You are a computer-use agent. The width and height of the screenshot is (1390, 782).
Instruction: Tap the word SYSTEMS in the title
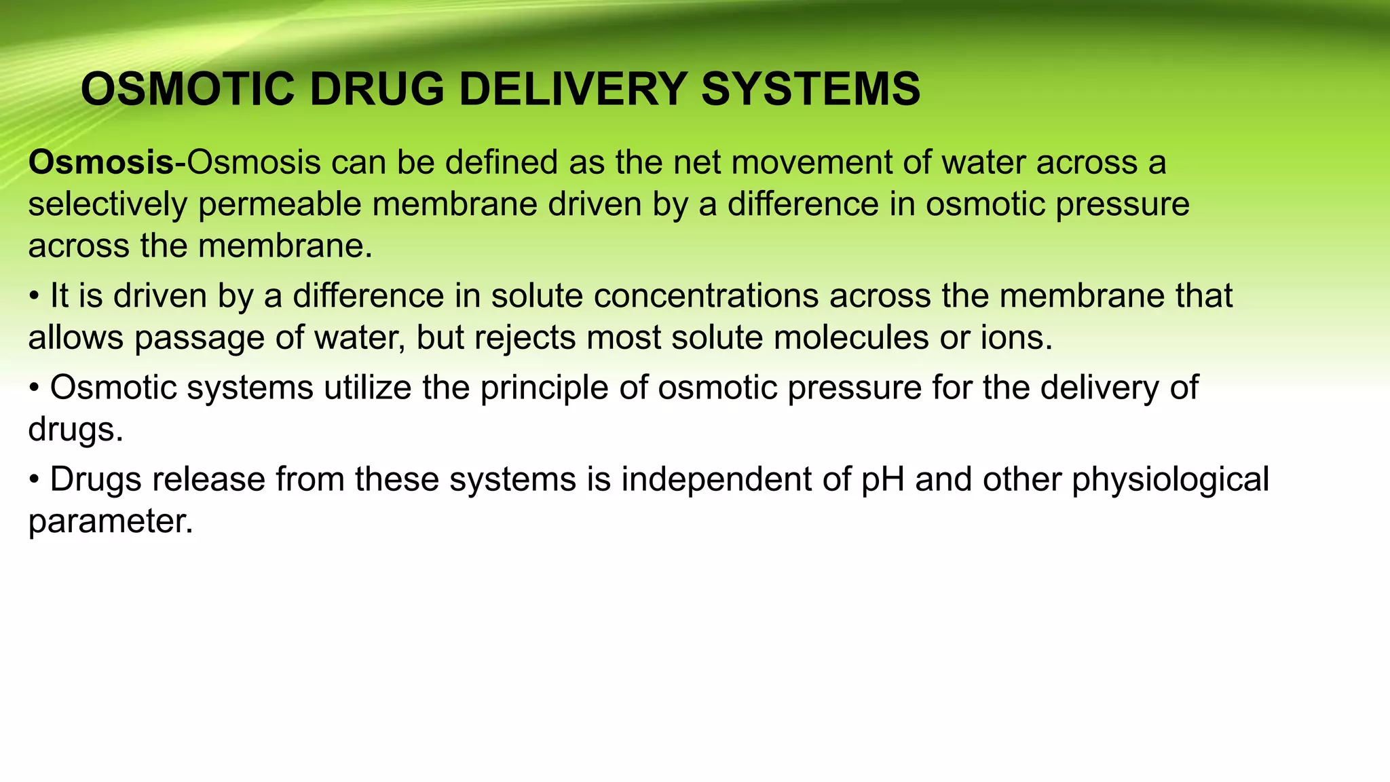[810, 90]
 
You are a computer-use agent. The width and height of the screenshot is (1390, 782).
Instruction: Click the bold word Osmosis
[101, 163]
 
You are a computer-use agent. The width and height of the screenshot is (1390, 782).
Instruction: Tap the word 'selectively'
[107, 205]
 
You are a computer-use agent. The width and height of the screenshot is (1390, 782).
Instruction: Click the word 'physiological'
[1170, 480]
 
